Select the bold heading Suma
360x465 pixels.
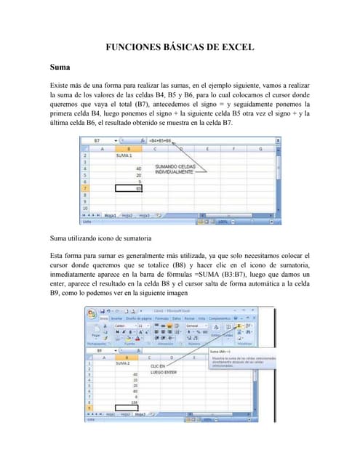tap(60, 67)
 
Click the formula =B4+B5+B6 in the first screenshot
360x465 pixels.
tap(160, 140)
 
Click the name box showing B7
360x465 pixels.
tap(97, 140)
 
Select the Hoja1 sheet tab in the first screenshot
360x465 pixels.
tap(111, 215)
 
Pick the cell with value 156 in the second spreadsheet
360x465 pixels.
tap(134, 402)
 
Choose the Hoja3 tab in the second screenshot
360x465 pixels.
tap(141, 414)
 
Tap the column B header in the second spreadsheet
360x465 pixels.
tap(127, 357)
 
